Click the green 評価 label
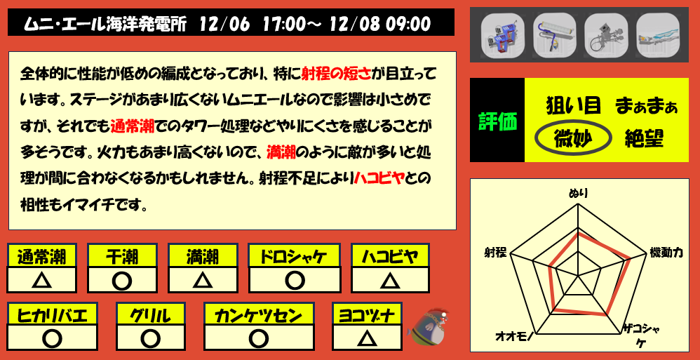coord(497,121)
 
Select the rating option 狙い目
coord(574,105)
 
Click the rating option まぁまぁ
coord(646,106)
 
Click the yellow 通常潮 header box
coord(41,256)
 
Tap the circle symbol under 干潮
coord(122,281)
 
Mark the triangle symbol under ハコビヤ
coord(389,281)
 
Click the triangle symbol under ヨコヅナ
coord(365,339)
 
